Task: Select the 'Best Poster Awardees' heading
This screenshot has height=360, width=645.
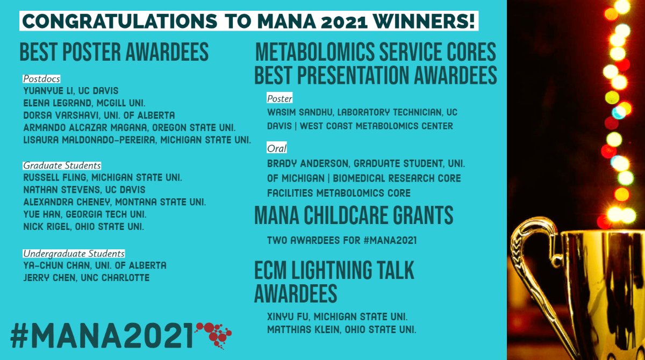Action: click(114, 52)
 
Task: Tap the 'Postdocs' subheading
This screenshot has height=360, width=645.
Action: click(41, 79)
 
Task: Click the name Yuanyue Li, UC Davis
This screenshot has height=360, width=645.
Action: click(71, 91)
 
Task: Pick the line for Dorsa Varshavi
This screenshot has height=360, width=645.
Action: click(99, 116)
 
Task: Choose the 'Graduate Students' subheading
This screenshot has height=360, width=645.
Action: click(62, 165)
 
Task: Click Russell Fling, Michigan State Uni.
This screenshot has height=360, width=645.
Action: click(103, 177)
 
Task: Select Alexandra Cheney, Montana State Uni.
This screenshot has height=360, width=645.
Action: click(114, 202)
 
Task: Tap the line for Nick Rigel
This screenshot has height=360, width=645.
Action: click(83, 227)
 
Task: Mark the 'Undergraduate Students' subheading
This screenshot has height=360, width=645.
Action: click(74, 253)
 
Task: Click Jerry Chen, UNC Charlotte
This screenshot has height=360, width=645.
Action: click(87, 278)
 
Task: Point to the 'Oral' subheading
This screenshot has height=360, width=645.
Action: click(277, 148)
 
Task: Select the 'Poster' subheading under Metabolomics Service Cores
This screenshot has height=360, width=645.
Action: click(279, 99)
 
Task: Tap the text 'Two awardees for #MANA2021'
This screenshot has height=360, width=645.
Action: click(342, 240)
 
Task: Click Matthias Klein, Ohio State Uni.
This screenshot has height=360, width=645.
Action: click(341, 328)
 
